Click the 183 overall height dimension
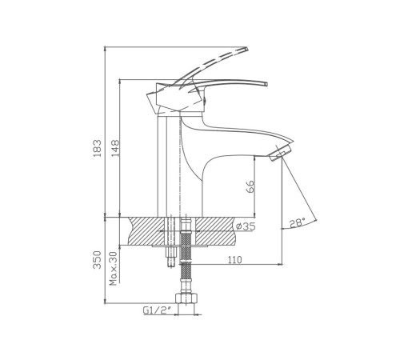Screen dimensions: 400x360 98,148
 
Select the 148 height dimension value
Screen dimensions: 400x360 115,148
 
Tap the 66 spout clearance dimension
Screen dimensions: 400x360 250,186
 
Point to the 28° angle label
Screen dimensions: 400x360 298,222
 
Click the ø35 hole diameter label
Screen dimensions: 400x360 246,226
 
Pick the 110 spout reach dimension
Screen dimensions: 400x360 235,259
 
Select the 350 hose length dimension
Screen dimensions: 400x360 98,260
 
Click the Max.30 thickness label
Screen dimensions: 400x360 114,268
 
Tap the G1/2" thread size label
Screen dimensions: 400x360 157,310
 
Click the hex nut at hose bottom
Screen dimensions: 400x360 186,298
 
